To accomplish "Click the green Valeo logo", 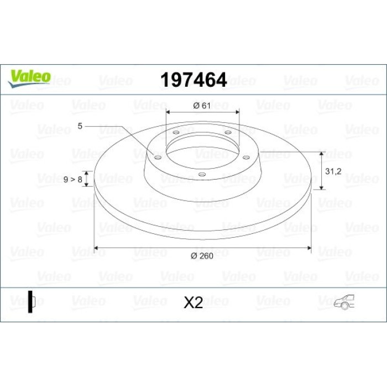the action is [x=29, y=79].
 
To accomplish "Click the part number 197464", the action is [x=193, y=80].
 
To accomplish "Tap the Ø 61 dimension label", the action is [x=202, y=106].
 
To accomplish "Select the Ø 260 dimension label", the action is [x=202, y=256].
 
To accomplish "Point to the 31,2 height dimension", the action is [x=333, y=171].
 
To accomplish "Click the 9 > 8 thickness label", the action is [x=73, y=180].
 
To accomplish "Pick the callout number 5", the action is [x=80, y=126].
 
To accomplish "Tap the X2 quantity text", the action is [x=193, y=302].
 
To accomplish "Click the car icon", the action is [x=344, y=302].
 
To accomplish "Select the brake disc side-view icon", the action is [x=32, y=302].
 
